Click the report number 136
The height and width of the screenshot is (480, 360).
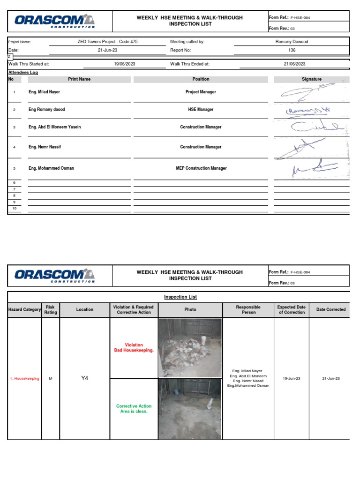tap(292, 50)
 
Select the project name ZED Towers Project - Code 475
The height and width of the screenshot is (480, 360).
tap(107, 42)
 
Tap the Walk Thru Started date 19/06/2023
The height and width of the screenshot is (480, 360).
tap(124, 64)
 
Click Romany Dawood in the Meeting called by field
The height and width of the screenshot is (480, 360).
tap(292, 42)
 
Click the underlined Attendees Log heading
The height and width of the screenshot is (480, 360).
tap(23, 73)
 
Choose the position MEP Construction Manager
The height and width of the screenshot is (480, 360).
tap(201, 168)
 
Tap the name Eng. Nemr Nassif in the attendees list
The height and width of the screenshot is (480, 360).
tap(45, 147)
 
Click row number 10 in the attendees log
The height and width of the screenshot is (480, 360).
tap(14, 208)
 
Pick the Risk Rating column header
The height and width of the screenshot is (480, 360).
tap(50, 310)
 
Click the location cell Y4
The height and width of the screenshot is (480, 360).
tap(85, 378)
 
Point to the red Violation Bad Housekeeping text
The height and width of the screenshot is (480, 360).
tap(134, 348)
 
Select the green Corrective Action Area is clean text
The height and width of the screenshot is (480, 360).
tap(134, 409)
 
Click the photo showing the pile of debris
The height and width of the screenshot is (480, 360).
tap(190, 348)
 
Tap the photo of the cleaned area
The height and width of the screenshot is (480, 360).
tap(190, 409)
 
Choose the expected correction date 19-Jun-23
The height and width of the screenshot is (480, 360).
tap(292, 378)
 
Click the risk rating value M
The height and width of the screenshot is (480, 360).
tap(50, 378)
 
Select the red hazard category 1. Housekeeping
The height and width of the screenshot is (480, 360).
tap(25, 378)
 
